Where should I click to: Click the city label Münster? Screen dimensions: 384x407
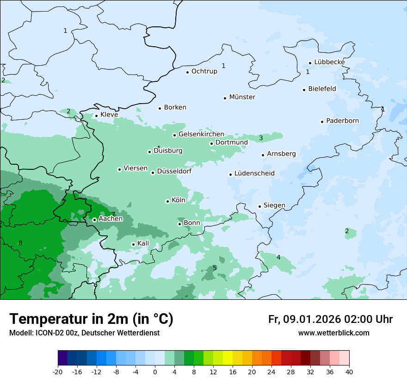coord(242,97)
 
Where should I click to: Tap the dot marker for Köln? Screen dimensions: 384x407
coord(167,201)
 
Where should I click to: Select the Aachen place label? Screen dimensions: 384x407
coord(111,219)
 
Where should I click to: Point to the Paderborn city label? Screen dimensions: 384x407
coord(342,121)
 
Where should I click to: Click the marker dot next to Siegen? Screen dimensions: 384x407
coord(259,206)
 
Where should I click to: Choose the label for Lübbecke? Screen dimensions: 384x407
coord(329,62)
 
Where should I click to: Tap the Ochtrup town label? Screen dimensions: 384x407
coord(204,71)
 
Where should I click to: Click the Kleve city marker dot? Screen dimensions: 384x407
coord(96,116)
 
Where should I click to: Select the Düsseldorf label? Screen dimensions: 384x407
coord(174,172)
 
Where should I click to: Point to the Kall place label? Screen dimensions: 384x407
coord(143,243)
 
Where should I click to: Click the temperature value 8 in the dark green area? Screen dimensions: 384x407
coord(20,243)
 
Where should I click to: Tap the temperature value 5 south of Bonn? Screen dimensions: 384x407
coord(215,268)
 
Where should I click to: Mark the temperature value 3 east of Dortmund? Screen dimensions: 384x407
coord(261,138)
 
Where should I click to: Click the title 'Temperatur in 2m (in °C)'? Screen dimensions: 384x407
coord(91,319)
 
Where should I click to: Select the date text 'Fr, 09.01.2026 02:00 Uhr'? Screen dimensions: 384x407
coord(330,319)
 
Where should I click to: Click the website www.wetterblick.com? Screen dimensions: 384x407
coord(333,333)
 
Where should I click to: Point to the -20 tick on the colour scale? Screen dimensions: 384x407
coord(58,372)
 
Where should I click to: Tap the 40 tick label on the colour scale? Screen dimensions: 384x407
coord(349,372)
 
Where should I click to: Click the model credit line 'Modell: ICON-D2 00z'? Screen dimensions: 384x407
coord(84,333)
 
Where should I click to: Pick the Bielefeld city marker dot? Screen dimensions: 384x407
coord(304,90)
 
